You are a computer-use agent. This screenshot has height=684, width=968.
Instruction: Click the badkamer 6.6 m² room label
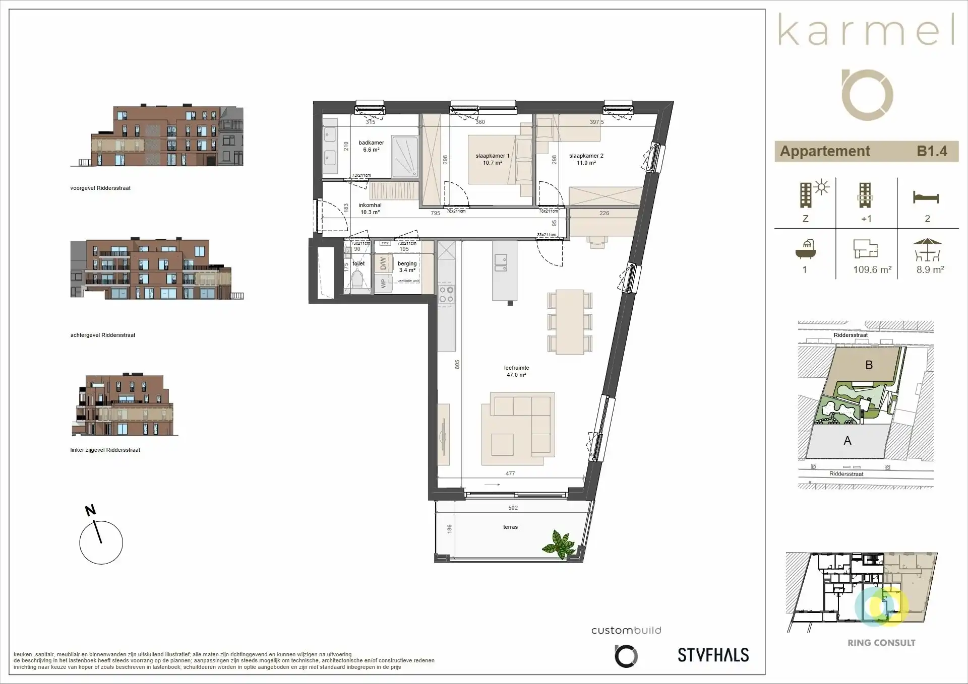point(371,146)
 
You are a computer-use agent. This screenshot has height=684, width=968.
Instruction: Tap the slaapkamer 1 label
point(492,159)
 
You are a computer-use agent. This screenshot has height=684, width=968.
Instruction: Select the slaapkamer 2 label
point(586,159)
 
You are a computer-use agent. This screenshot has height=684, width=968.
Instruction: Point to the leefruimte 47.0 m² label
point(516,371)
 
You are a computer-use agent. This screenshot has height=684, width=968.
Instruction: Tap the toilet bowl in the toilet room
point(357,282)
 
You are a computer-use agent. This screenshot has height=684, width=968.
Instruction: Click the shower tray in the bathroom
point(405,157)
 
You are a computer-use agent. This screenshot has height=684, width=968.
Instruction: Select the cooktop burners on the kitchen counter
point(446,294)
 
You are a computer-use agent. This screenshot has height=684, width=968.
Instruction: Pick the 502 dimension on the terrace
point(513,508)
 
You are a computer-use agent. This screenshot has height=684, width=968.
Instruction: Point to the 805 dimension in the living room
point(457,364)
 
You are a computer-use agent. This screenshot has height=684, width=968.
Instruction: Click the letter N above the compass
point(90,510)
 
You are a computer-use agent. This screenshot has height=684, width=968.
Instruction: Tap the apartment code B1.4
point(931,151)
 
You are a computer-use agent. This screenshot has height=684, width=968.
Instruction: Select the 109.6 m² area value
point(872,269)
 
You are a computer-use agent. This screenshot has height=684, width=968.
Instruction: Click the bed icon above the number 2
point(926,197)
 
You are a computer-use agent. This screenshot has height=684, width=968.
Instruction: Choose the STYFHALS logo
point(713,655)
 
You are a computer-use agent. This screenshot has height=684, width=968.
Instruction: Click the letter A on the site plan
point(848,441)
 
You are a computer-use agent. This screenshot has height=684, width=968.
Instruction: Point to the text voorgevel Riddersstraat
point(100,188)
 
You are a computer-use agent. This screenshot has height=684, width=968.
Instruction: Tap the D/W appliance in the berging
point(383,263)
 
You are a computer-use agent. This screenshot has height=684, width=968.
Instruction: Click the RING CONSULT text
point(881,643)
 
